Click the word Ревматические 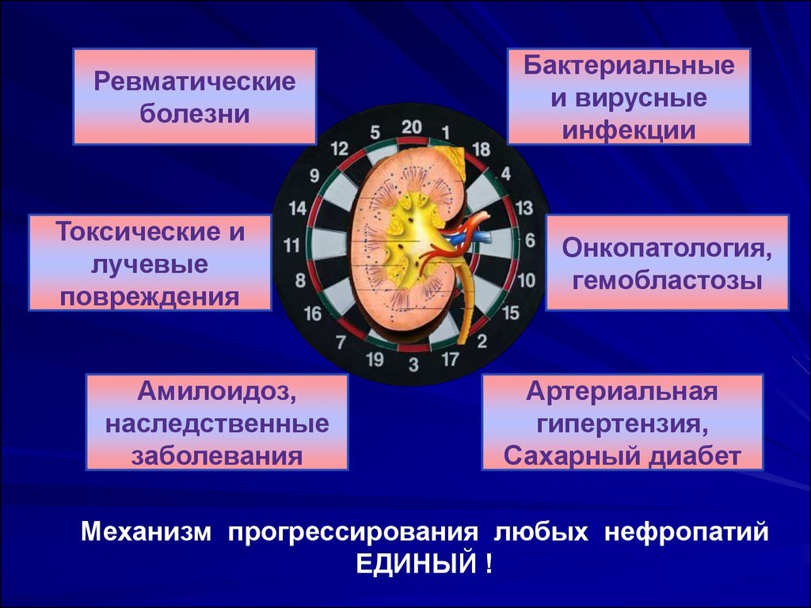195,82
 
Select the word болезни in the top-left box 195,114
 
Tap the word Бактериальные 629,66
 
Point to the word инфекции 629,130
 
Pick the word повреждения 150,296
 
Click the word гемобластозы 667,279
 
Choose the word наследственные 216,424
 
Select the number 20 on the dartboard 412,127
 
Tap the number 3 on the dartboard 413,364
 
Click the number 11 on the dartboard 292,245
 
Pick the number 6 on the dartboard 530,239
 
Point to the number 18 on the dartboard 481,148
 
